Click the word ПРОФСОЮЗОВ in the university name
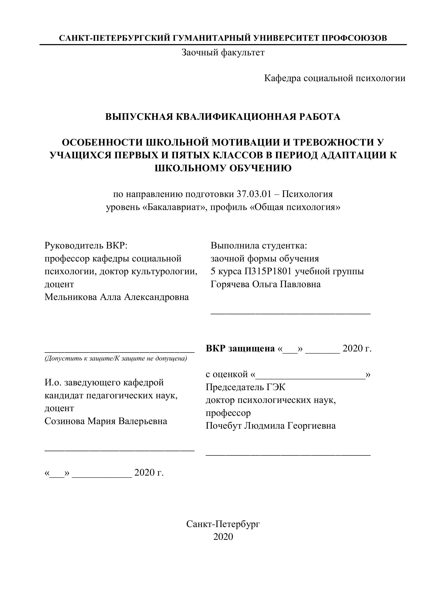354,38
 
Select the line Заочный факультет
223,53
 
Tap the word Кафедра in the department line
282,78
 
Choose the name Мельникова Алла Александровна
116,297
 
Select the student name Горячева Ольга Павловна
265,284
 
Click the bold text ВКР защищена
240,349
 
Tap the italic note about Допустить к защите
116,358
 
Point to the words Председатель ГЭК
245,387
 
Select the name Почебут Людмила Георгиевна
270,426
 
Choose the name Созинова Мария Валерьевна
106,421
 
